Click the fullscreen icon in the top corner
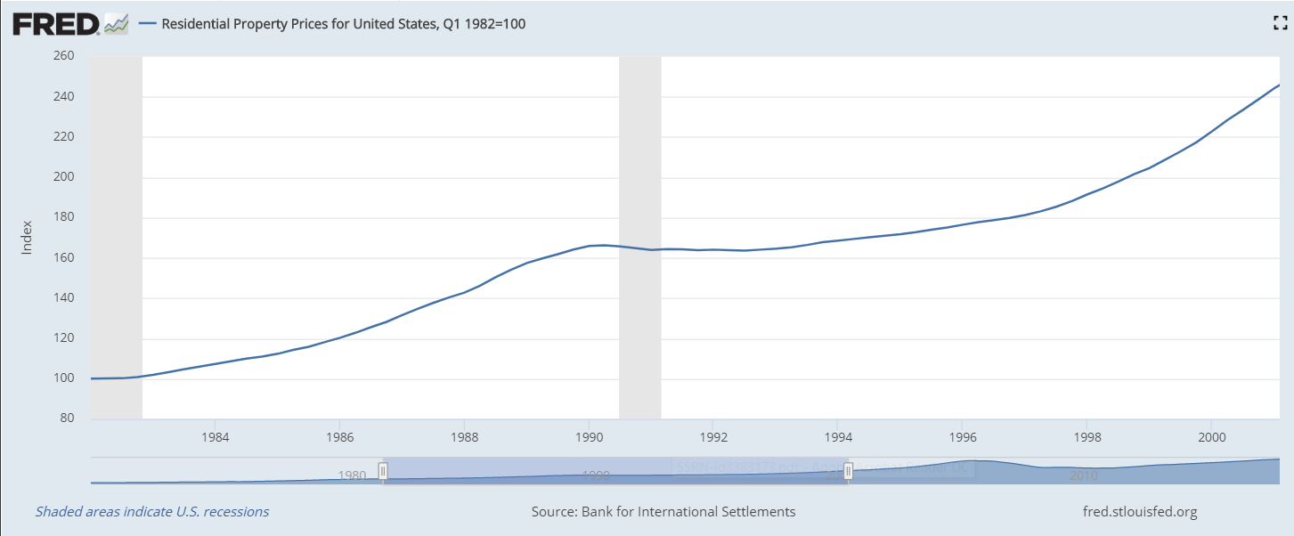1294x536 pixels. pos(1281,24)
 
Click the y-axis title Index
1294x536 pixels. pos(27,238)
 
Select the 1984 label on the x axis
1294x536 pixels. pos(215,437)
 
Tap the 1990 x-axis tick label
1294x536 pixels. pos(589,437)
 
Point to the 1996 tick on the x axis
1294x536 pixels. pos(962,437)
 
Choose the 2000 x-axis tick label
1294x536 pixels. pos(1211,437)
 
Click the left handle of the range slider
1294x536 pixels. pos(383,471)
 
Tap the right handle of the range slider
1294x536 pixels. pos(848,471)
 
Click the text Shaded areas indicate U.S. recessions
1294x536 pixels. pos(152,512)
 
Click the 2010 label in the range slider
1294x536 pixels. pos(1083,475)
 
